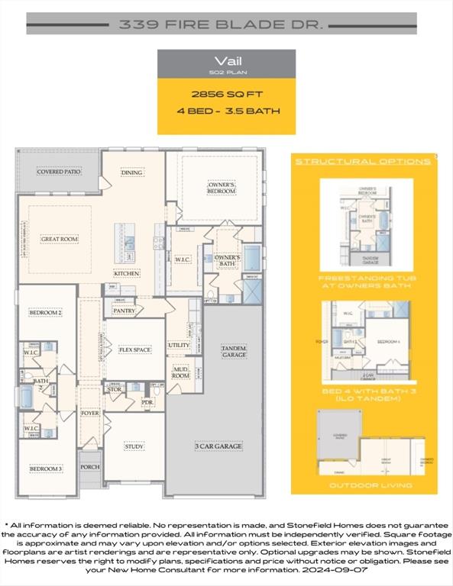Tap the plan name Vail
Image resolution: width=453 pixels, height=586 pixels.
tap(226, 61)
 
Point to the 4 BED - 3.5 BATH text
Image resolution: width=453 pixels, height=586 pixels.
tap(226, 111)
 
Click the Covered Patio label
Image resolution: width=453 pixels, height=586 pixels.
tap(59, 172)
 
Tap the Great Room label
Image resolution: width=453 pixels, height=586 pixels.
tap(59, 239)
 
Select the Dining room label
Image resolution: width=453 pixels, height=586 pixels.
tap(131, 172)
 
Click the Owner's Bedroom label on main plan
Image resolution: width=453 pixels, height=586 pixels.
tap(222, 187)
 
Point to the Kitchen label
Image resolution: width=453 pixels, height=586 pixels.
tap(127, 272)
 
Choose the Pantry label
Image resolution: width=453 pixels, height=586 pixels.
tap(124, 311)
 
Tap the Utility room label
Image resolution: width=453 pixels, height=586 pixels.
tap(179, 345)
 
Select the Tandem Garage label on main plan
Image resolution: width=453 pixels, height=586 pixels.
tap(233, 351)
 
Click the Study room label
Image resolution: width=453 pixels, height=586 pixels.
tap(134, 446)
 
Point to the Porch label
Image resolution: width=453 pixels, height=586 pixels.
tap(89, 466)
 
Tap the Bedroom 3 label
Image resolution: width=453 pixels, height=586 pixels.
tap(46, 468)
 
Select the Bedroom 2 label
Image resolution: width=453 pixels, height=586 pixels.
tap(46, 313)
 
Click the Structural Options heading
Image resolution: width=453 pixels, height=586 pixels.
tap(363, 162)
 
